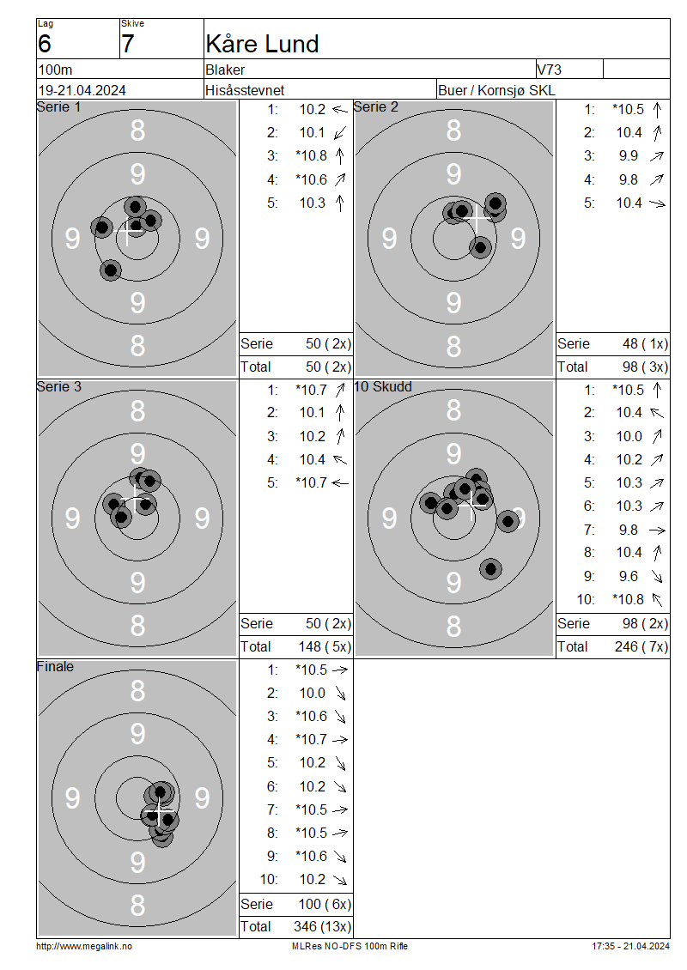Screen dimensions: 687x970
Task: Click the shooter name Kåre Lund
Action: click(x=262, y=44)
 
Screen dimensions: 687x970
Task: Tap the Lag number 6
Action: click(x=45, y=44)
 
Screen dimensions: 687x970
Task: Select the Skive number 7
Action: click(x=127, y=44)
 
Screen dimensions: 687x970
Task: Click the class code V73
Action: click(x=549, y=70)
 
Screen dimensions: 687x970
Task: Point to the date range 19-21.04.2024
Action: click(x=82, y=90)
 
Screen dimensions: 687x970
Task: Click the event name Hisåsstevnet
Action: click(x=245, y=90)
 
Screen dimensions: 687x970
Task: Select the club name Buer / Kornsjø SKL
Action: click(x=496, y=90)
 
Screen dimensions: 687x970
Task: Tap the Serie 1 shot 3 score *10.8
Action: click(x=311, y=156)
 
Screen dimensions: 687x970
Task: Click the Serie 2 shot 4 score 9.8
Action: click(x=629, y=179)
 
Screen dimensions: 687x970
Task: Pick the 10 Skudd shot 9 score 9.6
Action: click(x=629, y=576)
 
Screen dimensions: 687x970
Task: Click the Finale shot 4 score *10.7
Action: click(x=311, y=739)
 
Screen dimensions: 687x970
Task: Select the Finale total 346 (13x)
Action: click(x=322, y=926)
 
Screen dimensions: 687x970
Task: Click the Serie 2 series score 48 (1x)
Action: click(x=645, y=343)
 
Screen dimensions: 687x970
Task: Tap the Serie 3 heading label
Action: click(x=58, y=386)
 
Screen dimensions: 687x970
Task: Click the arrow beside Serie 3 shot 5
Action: click(x=340, y=482)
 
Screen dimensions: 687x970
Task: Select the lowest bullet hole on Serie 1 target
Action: click(x=111, y=270)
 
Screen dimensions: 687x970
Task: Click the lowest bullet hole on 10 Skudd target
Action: click(x=491, y=569)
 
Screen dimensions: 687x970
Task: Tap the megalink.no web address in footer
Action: click(x=84, y=946)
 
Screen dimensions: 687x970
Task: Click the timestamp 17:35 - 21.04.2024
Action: click(x=630, y=946)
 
